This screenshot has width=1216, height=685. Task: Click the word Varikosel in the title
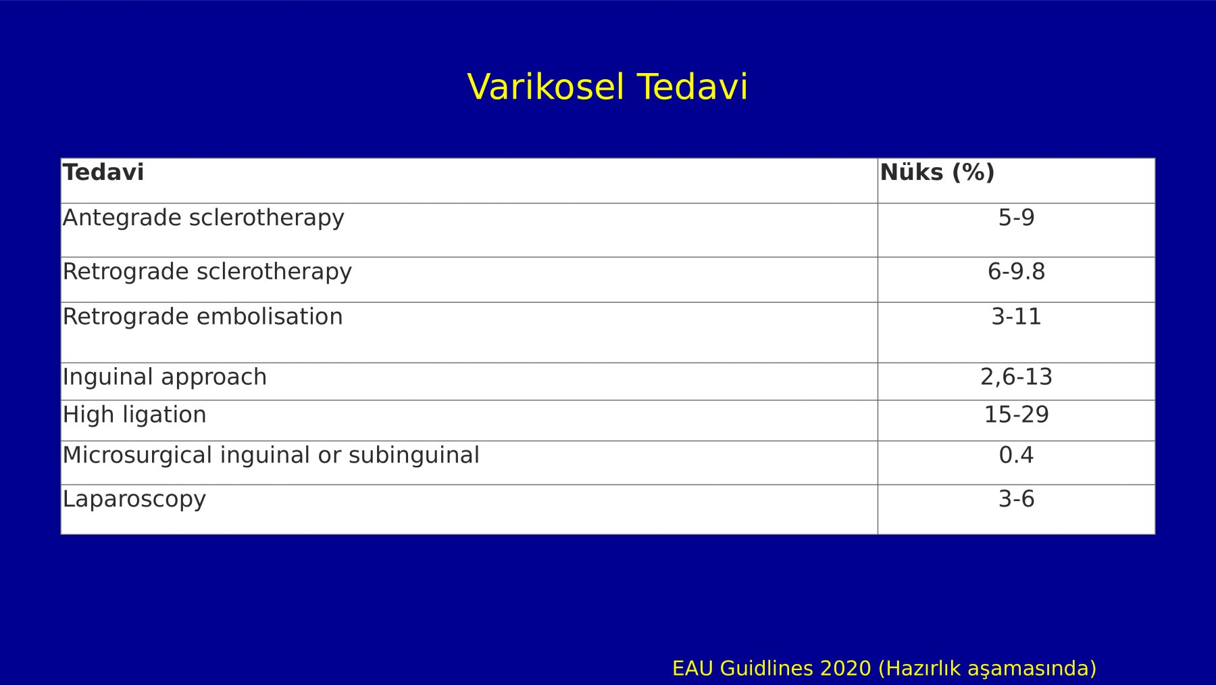(545, 87)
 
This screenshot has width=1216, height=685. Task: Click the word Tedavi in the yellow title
(692, 87)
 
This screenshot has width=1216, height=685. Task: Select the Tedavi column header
(103, 172)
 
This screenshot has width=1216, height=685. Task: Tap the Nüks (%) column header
(937, 172)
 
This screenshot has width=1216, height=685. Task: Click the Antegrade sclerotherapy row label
(203, 218)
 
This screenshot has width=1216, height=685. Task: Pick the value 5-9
(1016, 218)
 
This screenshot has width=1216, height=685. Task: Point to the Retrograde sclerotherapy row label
(207, 272)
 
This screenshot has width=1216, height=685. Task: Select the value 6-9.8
(1016, 272)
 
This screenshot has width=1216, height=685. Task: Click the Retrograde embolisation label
(203, 316)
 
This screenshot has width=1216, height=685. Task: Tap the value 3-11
(1016, 316)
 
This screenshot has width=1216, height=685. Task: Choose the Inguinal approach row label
(165, 377)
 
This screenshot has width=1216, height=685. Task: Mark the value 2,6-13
(1016, 377)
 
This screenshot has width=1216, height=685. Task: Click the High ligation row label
(134, 415)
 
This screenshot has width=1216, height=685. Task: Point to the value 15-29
(1016, 415)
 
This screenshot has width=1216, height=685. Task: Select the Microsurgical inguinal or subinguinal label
(271, 455)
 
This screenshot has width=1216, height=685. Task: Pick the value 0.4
(1016, 455)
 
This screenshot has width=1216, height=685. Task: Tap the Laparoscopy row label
(134, 499)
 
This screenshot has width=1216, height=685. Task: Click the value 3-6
(1016, 499)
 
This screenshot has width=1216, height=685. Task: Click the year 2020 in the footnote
(845, 669)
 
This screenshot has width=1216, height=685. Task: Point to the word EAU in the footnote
(693, 669)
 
